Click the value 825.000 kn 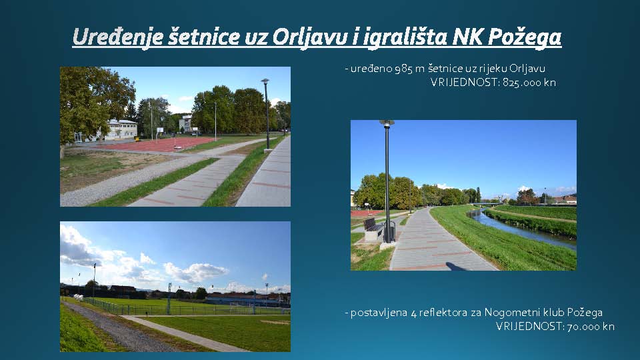(529, 83)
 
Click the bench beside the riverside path (374, 229)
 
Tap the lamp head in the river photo (387, 123)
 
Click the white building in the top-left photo (121, 129)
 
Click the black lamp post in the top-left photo (267, 114)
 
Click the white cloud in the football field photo (196, 272)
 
